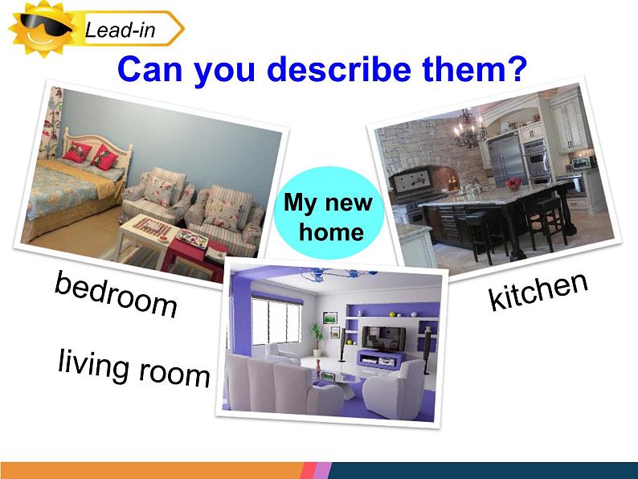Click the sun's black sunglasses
coord(45,24)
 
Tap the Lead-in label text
coord(120,30)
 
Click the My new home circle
coord(329,212)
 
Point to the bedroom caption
coord(116,294)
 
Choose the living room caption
coord(134,368)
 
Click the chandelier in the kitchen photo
coord(470,129)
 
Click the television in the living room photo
coord(384,338)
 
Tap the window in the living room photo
coord(276,321)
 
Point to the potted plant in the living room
coord(317,339)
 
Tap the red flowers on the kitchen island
coord(513,183)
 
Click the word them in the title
coord(464,68)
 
